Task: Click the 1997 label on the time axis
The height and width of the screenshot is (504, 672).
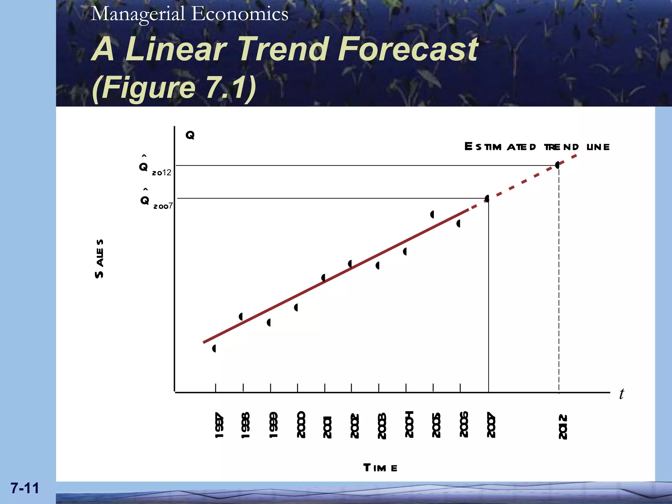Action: [219, 425]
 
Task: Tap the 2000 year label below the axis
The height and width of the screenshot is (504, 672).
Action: [301, 424]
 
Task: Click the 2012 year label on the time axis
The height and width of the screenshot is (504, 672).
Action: [563, 427]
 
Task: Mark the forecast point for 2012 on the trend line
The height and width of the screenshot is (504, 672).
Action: [557, 165]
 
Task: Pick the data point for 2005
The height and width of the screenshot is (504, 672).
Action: [432, 215]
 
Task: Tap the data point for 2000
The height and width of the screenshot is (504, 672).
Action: [296, 307]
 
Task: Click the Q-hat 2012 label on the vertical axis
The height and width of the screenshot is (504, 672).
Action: [154, 167]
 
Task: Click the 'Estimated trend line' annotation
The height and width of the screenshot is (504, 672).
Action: [537, 147]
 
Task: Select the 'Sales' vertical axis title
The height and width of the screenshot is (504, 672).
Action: [99, 259]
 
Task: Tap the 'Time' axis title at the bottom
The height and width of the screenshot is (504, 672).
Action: [380, 468]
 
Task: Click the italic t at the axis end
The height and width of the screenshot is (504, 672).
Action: [621, 394]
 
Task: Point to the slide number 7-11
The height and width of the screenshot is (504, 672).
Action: [25, 488]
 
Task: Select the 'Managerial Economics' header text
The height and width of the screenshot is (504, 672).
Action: [190, 14]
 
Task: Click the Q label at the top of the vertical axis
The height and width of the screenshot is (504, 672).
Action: [190, 135]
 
